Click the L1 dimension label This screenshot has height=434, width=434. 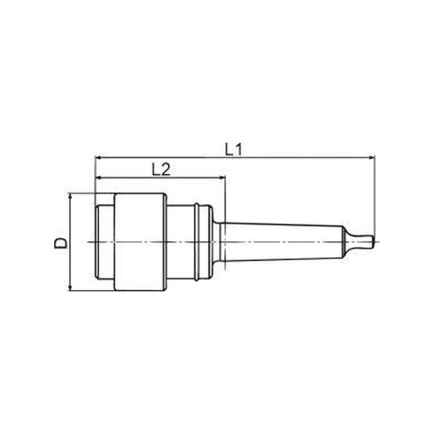point(233,150)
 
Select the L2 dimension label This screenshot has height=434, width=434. point(161,169)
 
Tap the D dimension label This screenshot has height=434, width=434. point(61,242)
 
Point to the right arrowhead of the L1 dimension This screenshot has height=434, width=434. point(372,157)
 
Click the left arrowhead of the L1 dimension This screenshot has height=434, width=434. point(98,157)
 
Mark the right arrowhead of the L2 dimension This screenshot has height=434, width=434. point(222,178)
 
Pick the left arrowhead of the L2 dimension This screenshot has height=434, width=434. point(98,178)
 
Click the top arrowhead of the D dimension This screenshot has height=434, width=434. point(71,197)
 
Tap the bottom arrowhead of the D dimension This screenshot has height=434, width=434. point(71,288)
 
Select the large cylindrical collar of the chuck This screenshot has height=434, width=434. point(140,242)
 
